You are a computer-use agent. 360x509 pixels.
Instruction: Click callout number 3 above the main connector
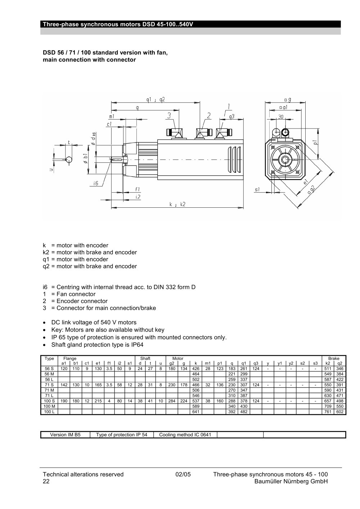click(169, 116)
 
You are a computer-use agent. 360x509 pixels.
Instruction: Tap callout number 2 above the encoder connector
click(209, 116)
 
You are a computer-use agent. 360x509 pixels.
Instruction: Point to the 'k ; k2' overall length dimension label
click(177, 204)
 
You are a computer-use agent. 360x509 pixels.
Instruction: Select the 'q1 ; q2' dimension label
click(156, 100)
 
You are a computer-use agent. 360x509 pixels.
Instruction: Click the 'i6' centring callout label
click(96, 183)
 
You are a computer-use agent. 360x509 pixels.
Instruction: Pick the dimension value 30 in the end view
click(281, 117)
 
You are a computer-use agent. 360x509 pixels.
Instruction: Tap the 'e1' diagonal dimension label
click(306, 182)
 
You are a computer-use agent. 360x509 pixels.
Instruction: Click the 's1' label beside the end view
click(257, 189)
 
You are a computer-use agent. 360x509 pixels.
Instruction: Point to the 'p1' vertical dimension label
click(315, 143)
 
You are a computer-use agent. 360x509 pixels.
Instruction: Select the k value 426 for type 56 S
click(196, 369)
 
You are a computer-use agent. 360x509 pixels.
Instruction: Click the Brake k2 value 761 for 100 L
click(328, 411)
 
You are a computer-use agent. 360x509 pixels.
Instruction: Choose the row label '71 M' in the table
click(49, 390)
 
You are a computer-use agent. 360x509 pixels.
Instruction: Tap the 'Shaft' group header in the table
click(145, 358)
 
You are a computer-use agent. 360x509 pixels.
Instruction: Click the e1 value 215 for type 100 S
click(98, 401)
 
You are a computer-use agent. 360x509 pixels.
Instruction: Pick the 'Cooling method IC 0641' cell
click(185, 435)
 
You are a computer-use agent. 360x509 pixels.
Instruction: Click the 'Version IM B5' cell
click(66, 435)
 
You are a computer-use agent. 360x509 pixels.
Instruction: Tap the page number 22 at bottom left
click(46, 481)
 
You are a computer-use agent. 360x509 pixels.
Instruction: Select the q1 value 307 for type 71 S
click(244, 385)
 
